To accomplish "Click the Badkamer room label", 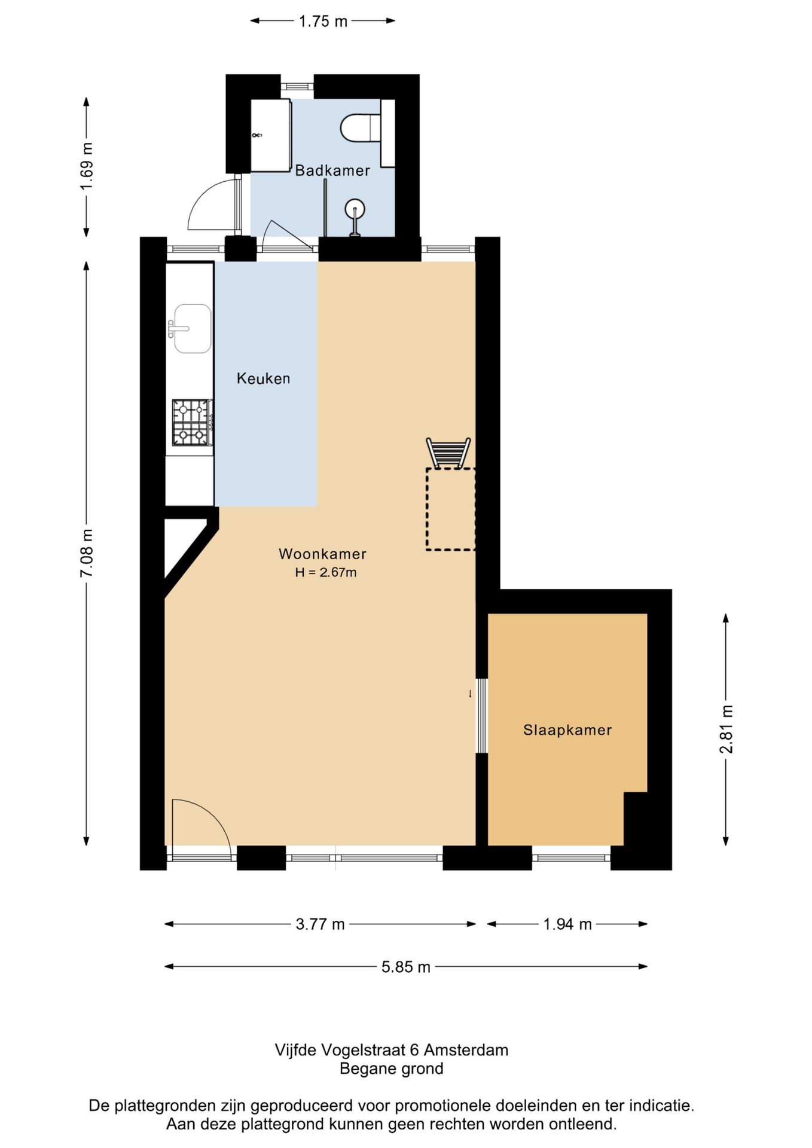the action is [332, 170].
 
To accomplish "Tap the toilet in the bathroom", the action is [361, 128].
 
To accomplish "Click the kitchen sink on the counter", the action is [191, 328].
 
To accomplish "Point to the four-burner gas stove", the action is [193, 423].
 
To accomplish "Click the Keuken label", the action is [263, 378].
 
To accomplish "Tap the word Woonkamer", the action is [322, 554].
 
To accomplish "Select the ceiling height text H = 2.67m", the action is [326, 572].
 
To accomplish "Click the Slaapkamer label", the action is [567, 730].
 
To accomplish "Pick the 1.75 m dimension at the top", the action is [323, 22].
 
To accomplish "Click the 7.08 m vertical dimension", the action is [87, 553].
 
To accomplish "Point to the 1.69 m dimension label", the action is [87, 167].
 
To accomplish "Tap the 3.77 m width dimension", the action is [320, 924].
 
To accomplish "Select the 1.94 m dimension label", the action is [567, 924].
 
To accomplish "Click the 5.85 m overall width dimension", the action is [406, 967].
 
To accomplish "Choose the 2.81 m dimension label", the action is [726, 729].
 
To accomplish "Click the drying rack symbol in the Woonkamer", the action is [448, 453].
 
